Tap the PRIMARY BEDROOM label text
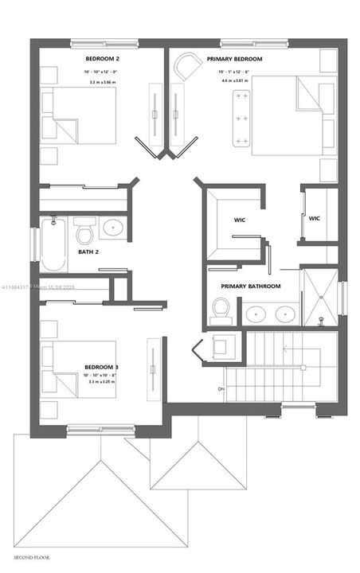click(x=236, y=60)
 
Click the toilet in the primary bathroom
click(x=221, y=310)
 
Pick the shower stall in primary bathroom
click(x=320, y=298)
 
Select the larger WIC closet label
click(x=239, y=220)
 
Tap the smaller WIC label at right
click(x=314, y=218)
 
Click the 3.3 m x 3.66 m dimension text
click(x=101, y=82)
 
